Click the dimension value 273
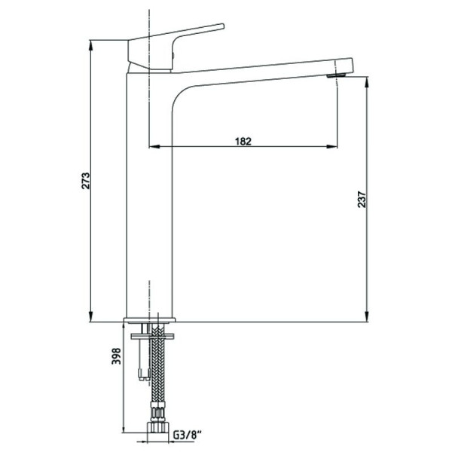[86, 181]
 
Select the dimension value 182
[243, 142]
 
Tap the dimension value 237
[362, 199]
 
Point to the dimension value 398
[116, 356]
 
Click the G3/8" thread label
[187, 435]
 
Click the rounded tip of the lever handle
[222, 26]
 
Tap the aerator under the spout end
[336, 75]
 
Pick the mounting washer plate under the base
[152, 336]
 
